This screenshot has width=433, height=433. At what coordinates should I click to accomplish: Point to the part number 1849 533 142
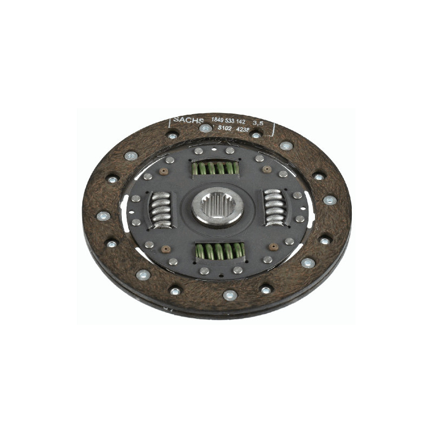point(227,121)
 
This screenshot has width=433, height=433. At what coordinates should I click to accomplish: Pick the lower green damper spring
point(219,251)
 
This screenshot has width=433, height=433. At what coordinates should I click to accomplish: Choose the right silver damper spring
point(274,206)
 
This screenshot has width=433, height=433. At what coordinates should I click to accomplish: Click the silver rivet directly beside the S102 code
point(206,128)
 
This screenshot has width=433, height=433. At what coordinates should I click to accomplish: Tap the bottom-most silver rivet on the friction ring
point(229,295)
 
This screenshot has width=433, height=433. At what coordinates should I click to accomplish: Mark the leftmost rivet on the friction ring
point(103,216)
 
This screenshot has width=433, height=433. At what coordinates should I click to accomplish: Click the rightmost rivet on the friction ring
point(330,200)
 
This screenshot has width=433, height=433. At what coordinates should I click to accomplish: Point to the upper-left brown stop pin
point(164,171)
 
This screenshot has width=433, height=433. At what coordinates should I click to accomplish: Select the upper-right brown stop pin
point(266,169)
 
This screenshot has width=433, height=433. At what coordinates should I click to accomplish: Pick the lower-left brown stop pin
point(166,249)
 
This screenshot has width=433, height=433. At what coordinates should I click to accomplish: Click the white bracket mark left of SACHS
point(172,122)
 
